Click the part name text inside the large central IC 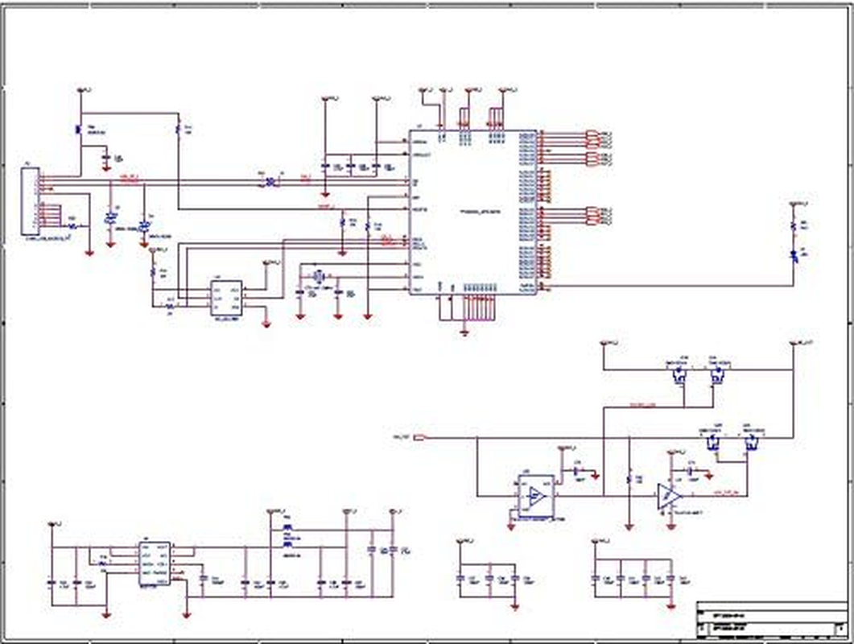pos(480,212)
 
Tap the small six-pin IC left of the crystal pos(225,297)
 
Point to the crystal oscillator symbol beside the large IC pos(319,276)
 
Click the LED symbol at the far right pos(794,255)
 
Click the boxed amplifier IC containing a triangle pos(534,496)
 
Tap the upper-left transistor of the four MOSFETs pos(679,373)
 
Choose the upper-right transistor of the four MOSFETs pos(716,373)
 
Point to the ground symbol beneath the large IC pos(465,330)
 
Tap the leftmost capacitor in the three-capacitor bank pos(461,578)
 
